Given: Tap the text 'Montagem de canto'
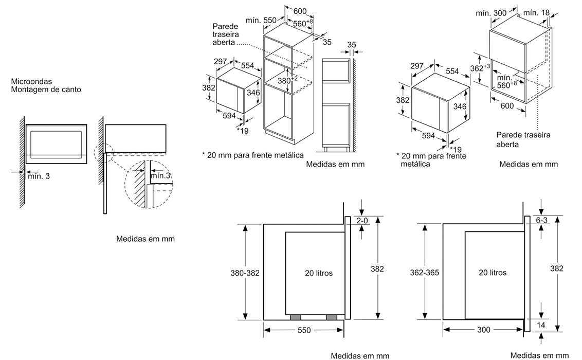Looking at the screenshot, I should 46,89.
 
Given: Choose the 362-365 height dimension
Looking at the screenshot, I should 424,273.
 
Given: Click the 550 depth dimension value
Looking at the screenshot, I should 304,330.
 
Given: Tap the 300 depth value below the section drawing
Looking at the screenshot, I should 483,330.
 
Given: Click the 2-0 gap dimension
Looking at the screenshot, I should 362,221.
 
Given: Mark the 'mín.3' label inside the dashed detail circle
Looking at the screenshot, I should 160,176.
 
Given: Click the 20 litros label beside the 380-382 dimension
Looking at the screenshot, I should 318,273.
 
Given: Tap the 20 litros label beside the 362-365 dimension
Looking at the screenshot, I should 492,273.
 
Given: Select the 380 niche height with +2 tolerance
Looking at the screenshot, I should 287,80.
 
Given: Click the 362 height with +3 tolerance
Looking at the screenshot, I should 479,68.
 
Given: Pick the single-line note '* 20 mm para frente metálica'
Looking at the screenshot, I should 252,154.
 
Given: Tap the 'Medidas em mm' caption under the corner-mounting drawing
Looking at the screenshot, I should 145,239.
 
